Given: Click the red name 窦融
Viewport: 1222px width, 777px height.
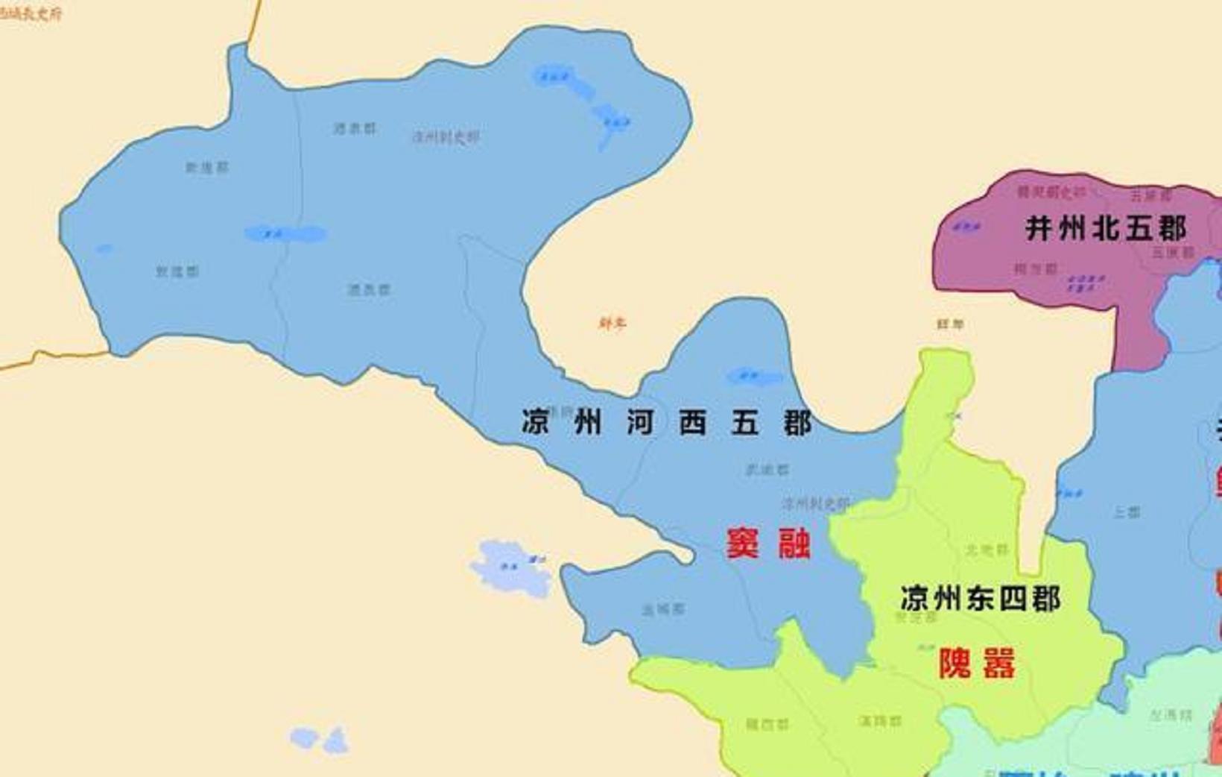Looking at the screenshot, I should pyautogui.click(x=768, y=543).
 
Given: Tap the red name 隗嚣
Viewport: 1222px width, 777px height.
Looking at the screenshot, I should pyautogui.click(x=976, y=663).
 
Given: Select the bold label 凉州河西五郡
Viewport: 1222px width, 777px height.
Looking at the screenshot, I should pyautogui.click(x=666, y=423).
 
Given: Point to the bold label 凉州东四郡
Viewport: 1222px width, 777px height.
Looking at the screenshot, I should pyautogui.click(x=980, y=598).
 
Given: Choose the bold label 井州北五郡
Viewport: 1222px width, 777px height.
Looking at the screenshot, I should pyautogui.click(x=1105, y=228).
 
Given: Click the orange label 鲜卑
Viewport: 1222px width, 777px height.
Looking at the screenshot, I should pyautogui.click(x=612, y=323).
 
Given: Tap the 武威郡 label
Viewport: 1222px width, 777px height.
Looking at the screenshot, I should pyautogui.click(x=767, y=469).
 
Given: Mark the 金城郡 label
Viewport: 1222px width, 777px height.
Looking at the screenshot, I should pyautogui.click(x=663, y=609).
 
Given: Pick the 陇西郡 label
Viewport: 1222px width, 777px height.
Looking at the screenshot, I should pyautogui.click(x=767, y=723).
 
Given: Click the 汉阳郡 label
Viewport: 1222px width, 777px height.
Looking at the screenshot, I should pyautogui.click(x=880, y=720).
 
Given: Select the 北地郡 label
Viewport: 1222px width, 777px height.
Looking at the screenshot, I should pyautogui.click(x=987, y=550).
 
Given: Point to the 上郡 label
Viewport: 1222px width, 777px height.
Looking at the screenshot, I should pyautogui.click(x=1127, y=512).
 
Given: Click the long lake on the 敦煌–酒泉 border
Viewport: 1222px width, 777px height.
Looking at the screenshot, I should pyautogui.click(x=285, y=234).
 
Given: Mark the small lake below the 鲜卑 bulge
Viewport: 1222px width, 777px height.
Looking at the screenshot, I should pyautogui.click(x=754, y=377).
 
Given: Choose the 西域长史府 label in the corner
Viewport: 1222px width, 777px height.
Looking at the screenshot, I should pyautogui.click(x=30, y=13).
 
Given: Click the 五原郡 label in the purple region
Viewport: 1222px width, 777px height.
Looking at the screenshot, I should pyautogui.click(x=1151, y=195).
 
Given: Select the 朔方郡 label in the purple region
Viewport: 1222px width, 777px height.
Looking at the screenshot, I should pyautogui.click(x=1036, y=268).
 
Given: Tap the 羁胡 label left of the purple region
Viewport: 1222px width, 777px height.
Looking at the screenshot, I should pyautogui.click(x=950, y=324).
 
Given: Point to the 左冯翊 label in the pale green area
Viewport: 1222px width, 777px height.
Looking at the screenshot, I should pyautogui.click(x=1171, y=715).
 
